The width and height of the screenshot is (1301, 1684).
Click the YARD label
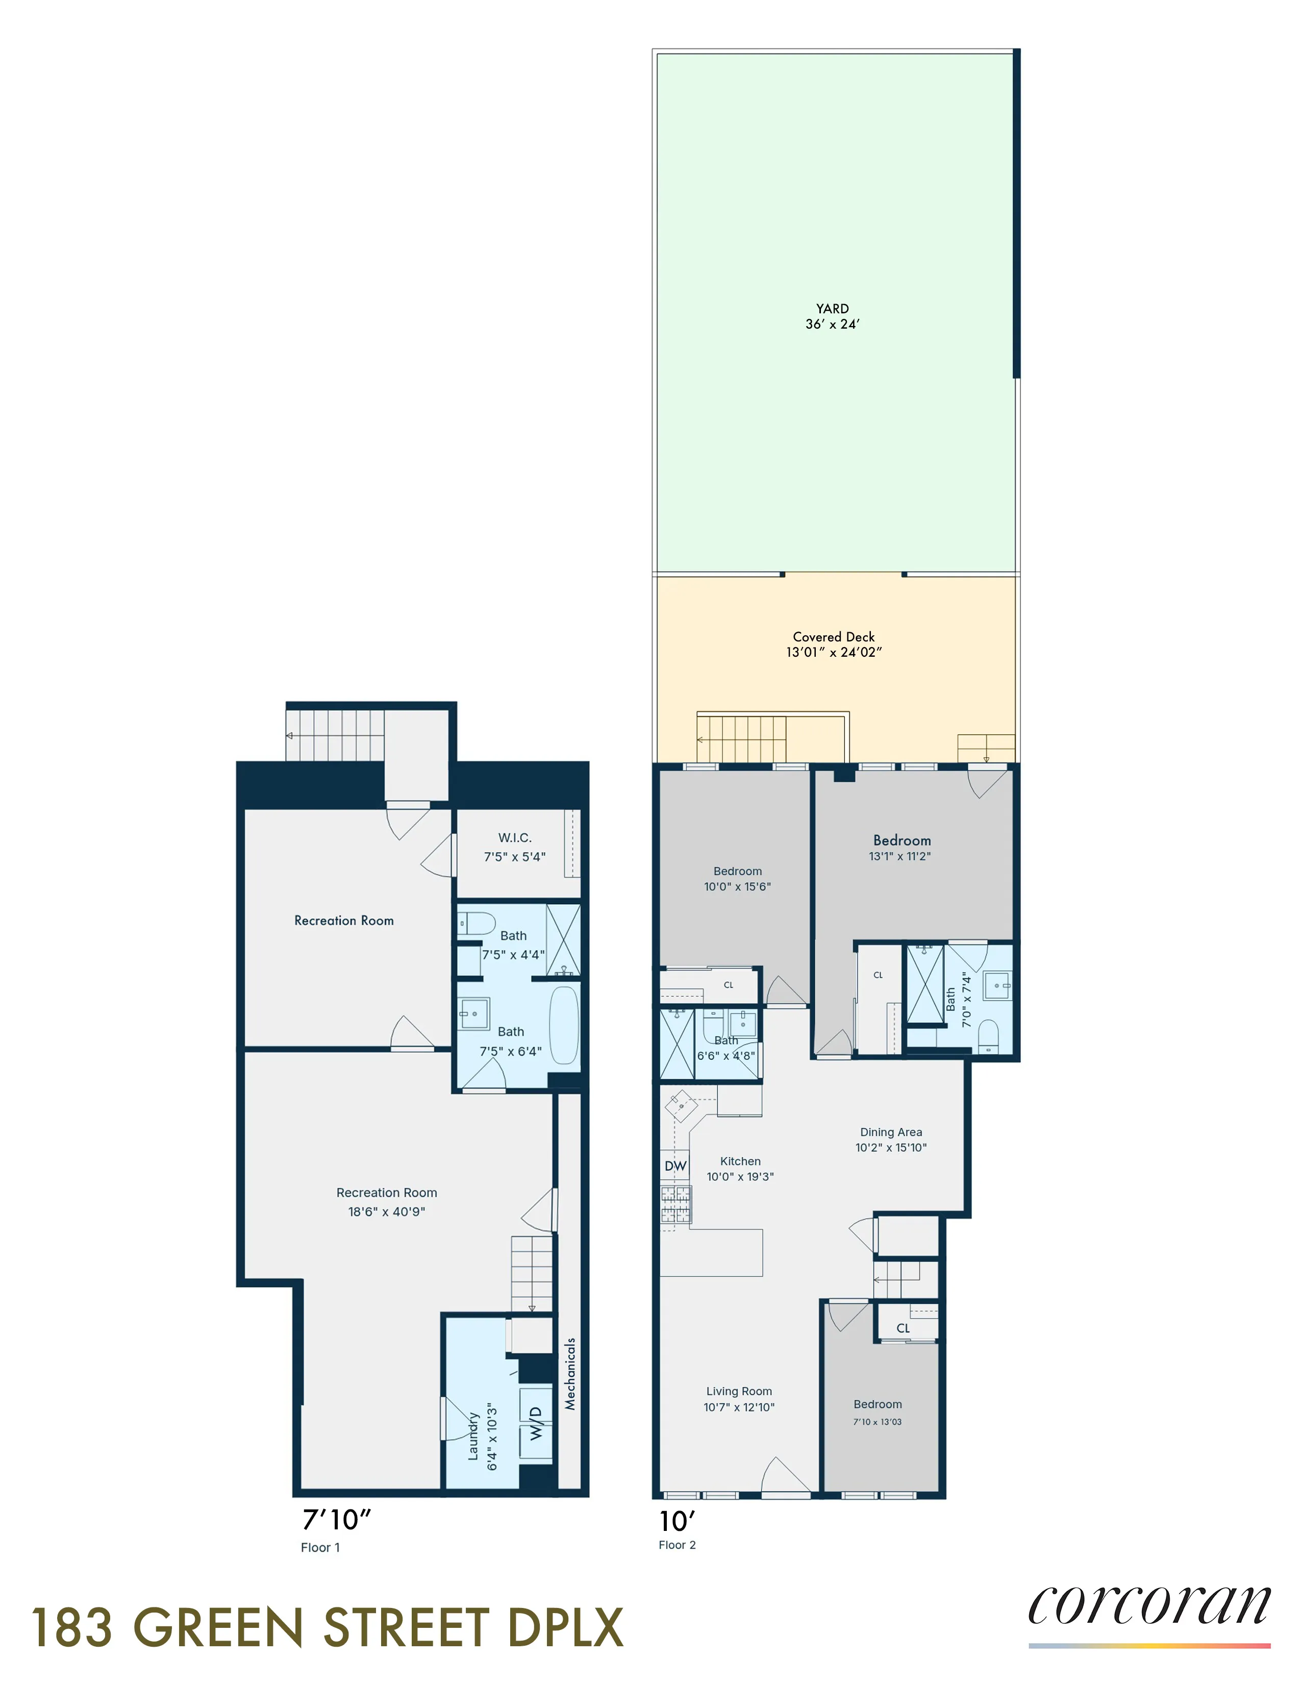[x=833, y=308]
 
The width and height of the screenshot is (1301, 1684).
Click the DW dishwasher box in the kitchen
[x=675, y=1166]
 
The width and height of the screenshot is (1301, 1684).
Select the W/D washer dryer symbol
[x=536, y=1423]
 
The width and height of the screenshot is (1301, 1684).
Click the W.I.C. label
[x=514, y=837]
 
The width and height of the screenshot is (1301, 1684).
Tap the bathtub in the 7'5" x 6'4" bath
[x=564, y=1026]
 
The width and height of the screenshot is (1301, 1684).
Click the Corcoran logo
[x=1148, y=1607]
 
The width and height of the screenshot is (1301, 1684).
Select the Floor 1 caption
[x=320, y=1548]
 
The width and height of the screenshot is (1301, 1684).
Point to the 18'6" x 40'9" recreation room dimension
[x=386, y=1211]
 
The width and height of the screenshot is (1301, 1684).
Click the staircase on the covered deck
[x=741, y=739]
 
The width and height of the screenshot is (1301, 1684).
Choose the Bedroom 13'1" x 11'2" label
[x=902, y=840]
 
